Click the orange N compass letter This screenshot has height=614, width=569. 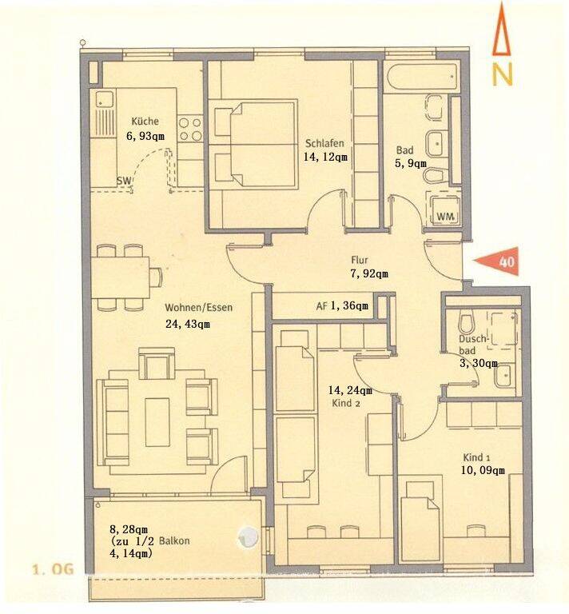tap(502, 75)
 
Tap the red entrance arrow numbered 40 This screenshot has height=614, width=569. tap(498, 261)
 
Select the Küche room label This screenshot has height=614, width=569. tap(145, 121)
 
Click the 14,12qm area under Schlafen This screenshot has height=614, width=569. tap(325, 157)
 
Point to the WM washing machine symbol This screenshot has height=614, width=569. tap(445, 216)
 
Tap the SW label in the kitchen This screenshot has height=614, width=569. tap(125, 181)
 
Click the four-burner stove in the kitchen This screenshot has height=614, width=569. tap(189, 130)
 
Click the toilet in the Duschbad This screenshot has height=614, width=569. tap(467, 322)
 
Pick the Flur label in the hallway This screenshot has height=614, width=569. tap(360, 260)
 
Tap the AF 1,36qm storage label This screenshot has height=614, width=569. tap(342, 306)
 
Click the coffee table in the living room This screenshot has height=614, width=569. tap(157, 422)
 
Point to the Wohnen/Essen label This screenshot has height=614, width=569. tap(199, 307)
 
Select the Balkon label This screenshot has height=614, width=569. tap(174, 541)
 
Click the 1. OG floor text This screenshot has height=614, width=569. tap(53, 569)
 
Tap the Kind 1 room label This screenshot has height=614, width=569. tap(476, 457)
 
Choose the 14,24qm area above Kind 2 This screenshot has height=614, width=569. tap(350, 390)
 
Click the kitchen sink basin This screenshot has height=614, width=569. tap(103, 98)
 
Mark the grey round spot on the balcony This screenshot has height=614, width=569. tap(248, 536)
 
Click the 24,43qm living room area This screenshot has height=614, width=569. tap(188, 324)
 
